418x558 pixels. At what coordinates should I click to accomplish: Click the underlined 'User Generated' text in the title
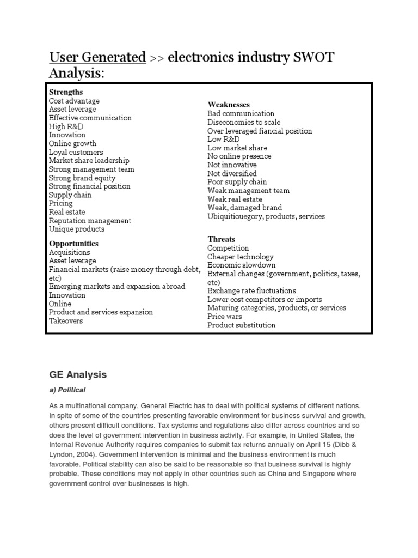click(97, 57)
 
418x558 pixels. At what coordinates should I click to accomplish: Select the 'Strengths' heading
click(66, 92)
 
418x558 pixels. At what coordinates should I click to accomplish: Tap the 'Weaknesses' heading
click(229, 104)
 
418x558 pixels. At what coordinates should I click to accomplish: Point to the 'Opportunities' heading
click(73, 243)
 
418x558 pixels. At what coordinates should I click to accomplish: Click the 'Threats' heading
click(221, 239)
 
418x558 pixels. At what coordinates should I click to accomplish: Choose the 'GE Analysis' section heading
click(78, 375)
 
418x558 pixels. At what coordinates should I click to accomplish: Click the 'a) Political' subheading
click(67, 390)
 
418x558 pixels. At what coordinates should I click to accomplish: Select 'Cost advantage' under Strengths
click(74, 101)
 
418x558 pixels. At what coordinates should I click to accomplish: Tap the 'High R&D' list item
click(66, 126)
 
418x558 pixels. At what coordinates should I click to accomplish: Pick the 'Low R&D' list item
click(223, 139)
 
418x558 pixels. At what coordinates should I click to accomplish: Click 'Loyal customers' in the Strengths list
click(76, 152)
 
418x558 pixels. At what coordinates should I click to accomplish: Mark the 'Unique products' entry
click(76, 229)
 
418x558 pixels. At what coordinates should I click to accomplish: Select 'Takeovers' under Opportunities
click(66, 321)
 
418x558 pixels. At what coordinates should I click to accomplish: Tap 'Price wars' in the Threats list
click(224, 316)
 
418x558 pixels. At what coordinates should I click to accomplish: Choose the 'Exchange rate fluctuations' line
click(251, 290)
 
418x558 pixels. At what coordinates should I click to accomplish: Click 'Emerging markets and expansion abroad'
click(116, 286)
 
